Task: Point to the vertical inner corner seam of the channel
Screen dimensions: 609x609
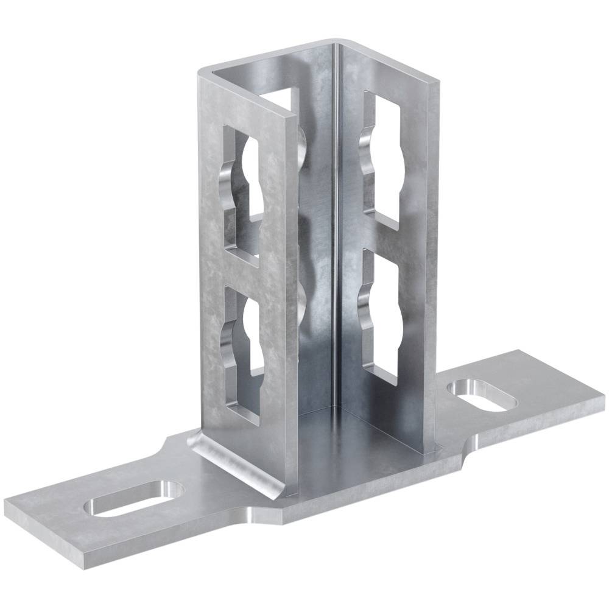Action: click(x=334, y=244)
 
